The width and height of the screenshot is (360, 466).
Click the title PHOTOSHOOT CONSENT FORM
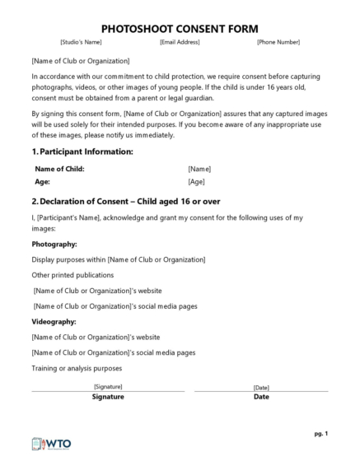click(x=179, y=28)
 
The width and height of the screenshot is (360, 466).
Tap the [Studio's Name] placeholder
click(x=81, y=42)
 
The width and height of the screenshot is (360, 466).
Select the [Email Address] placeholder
click(x=180, y=42)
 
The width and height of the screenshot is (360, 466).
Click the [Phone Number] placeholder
click(x=278, y=42)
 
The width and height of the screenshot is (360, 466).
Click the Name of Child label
click(x=59, y=169)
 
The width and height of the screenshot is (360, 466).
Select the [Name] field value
click(x=199, y=169)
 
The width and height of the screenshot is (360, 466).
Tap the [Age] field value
click(x=196, y=181)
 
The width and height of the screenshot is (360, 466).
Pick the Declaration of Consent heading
click(x=125, y=201)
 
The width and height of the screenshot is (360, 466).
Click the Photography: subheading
click(x=54, y=245)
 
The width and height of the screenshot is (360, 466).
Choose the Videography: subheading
click(x=54, y=322)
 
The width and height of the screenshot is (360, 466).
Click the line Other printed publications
click(x=72, y=275)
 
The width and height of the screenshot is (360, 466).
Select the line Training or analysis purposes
click(x=77, y=368)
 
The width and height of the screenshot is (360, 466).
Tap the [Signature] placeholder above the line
click(x=108, y=386)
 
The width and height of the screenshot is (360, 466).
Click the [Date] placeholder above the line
click(x=261, y=387)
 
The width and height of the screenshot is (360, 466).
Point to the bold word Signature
click(x=108, y=397)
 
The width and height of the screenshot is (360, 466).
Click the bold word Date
click(x=261, y=397)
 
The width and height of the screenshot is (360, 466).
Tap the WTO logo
click(x=51, y=443)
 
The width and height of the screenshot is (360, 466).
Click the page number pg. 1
click(x=320, y=433)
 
